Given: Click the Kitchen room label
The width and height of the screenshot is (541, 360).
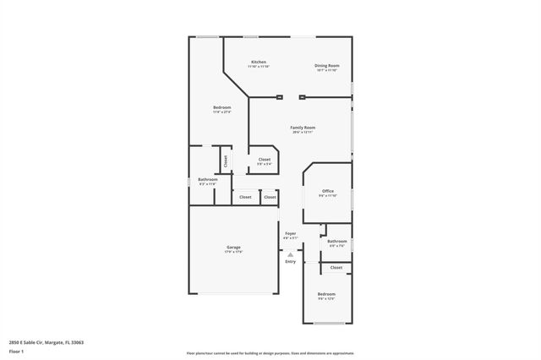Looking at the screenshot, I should pos(259,63).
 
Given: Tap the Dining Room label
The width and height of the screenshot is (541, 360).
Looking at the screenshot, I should pos(326,65).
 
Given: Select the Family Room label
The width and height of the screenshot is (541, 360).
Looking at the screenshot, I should pos(303,128).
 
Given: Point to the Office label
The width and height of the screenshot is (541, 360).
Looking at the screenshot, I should pos(327,192).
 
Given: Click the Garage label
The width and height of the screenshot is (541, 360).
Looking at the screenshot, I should pos(233,248).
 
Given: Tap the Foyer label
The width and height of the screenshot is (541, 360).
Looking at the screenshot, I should pos(290,233).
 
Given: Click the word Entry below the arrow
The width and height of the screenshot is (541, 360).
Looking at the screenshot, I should pos(290,261).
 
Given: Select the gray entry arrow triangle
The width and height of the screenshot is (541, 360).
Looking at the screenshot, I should pos(290,254).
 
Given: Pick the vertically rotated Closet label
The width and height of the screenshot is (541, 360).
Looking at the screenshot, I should pos(226,160).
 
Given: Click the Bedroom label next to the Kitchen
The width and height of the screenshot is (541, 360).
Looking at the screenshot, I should pos(221,107).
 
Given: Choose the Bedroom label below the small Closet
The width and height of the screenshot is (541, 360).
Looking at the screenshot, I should pos(326,294).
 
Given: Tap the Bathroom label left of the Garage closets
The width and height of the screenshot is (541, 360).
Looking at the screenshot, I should pos(208,179).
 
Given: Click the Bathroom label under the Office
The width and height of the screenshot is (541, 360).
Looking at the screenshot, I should pos(336,242).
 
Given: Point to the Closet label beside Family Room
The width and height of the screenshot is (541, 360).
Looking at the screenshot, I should pos(265,159).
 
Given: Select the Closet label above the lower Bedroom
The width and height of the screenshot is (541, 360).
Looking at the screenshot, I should pos(336,267).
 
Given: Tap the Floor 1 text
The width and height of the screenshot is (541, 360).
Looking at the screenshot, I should pos(17,351).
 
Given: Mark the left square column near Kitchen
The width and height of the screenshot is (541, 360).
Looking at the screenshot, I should pos(278,98).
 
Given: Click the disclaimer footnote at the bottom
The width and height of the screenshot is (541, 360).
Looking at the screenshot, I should pos(270,353).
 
